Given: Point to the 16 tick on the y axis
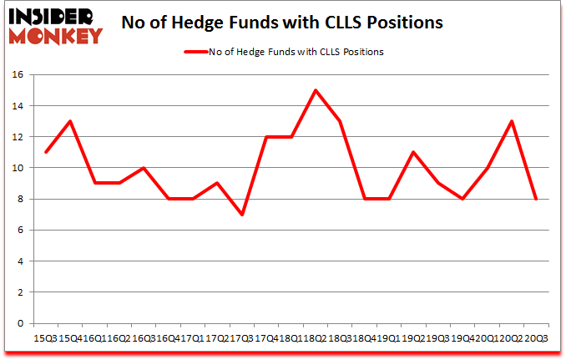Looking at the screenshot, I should click(x=20, y=75).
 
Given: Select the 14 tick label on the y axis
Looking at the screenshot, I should click(x=20, y=106).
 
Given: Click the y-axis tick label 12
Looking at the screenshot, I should click(x=20, y=137).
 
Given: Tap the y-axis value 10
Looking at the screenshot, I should click(x=20, y=168).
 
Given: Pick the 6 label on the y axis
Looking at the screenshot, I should click(x=23, y=231).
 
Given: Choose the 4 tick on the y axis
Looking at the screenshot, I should click(x=23, y=261).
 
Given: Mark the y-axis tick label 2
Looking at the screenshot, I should click(x=23, y=292).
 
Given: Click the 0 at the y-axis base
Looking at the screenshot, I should click(x=23, y=323).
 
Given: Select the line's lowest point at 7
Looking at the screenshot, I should click(x=241, y=215).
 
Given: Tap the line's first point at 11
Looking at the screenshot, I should click(x=45, y=152).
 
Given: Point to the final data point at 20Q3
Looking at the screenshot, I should click(x=535, y=199).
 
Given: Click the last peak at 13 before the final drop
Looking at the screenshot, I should click(x=511, y=121).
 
